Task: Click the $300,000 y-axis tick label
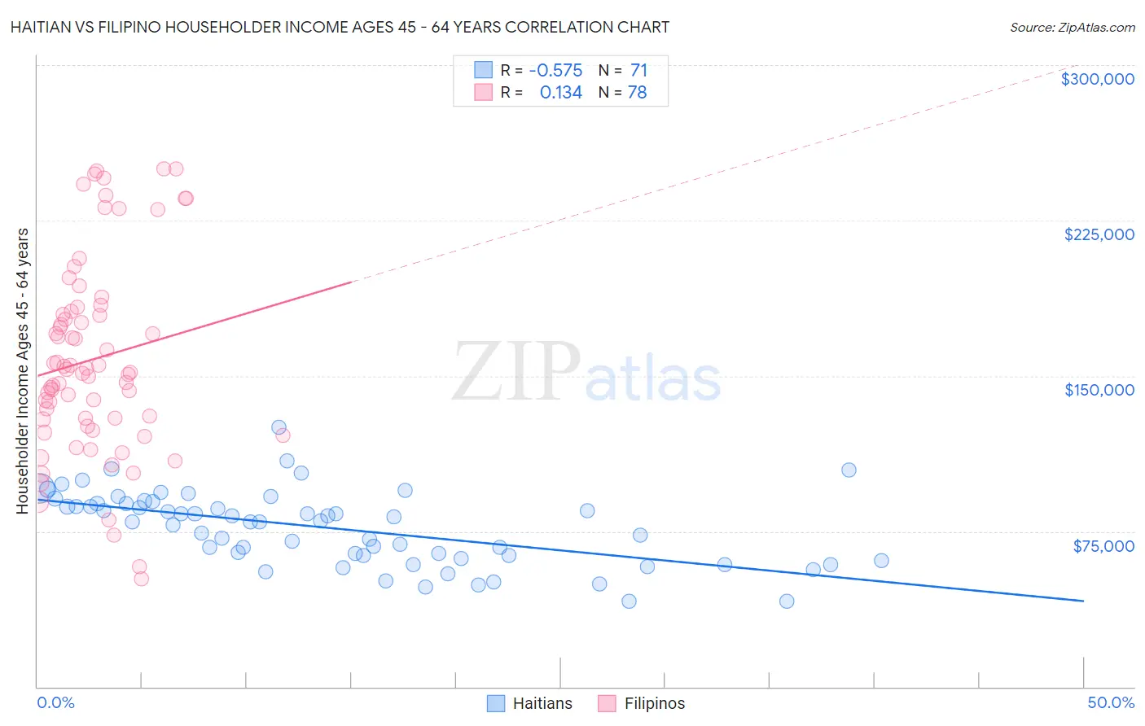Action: tap(1097, 79)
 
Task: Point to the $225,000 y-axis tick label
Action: tap(1099, 234)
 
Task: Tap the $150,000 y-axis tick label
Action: tap(1099, 390)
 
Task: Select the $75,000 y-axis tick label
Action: tap(1103, 545)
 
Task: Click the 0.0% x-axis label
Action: tap(55, 702)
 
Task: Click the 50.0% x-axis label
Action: tap(1110, 702)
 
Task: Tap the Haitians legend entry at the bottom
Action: tap(530, 703)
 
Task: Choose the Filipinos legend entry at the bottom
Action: tap(642, 703)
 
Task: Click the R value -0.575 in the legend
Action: tap(555, 71)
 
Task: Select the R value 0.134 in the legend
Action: tap(560, 93)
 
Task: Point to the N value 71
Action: tap(638, 71)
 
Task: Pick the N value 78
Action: tap(637, 93)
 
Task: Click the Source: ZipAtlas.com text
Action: tap(1072, 27)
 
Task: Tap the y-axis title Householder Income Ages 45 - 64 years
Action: tap(22, 370)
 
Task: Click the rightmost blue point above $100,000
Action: tap(849, 470)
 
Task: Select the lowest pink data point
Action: tap(141, 579)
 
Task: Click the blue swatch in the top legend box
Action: tap(484, 70)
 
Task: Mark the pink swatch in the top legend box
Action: tap(484, 92)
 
